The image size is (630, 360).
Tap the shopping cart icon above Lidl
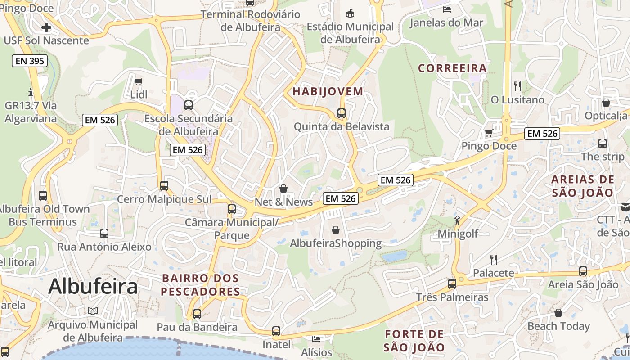click(x=138, y=81)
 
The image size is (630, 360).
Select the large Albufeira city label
click(x=93, y=286)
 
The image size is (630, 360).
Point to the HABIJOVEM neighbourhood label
click(x=328, y=91)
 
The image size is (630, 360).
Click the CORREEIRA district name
click(x=452, y=68)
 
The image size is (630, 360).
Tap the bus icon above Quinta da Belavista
click(x=342, y=113)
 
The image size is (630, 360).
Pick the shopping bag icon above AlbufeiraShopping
click(x=336, y=230)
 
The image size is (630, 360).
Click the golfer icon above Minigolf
click(x=457, y=220)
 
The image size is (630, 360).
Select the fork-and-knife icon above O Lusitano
click(x=517, y=86)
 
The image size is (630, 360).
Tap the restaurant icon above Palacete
click(x=493, y=259)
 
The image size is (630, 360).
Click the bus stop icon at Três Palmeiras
click(x=452, y=283)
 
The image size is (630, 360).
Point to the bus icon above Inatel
click(x=276, y=331)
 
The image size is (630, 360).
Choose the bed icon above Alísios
click(x=317, y=338)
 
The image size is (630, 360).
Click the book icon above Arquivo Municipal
click(x=93, y=311)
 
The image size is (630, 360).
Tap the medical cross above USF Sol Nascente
click(x=46, y=27)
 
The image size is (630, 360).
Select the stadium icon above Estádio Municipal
click(x=350, y=13)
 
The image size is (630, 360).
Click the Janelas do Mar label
click(x=446, y=23)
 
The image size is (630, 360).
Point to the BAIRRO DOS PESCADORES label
click(x=201, y=285)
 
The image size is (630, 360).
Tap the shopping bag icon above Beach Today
click(x=558, y=312)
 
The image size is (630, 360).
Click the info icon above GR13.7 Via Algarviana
click(x=31, y=92)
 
